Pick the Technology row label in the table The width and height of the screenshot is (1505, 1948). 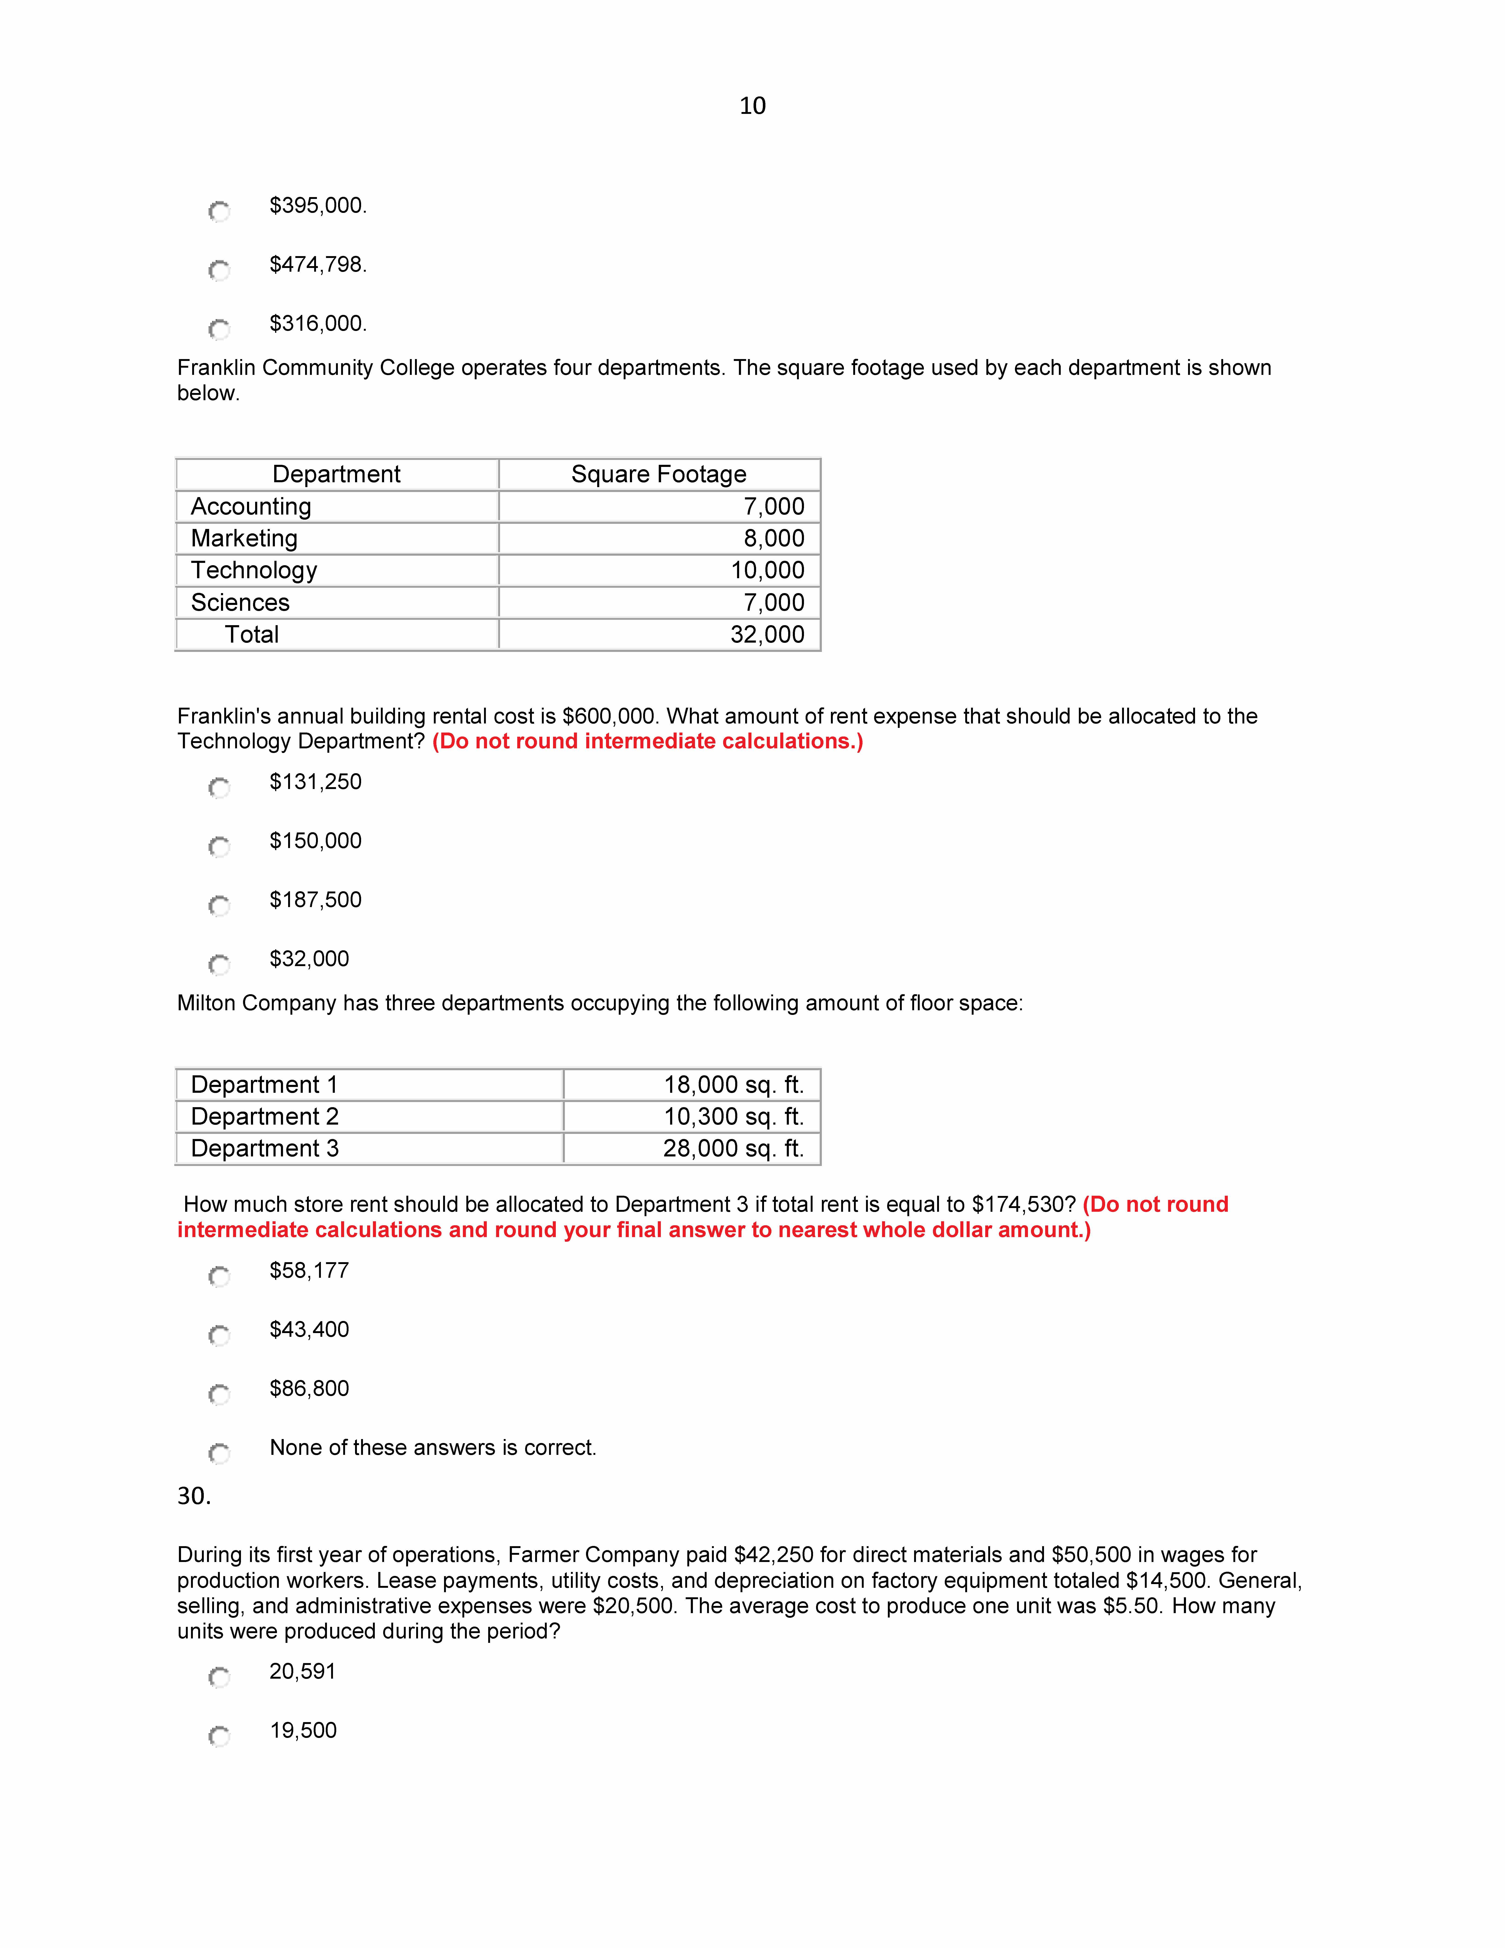tap(254, 571)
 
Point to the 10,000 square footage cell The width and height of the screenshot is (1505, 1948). tap(767, 571)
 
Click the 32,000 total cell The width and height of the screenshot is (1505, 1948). tap(767, 635)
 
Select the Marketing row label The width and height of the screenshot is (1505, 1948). tap(244, 539)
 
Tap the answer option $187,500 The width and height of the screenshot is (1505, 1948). tap(316, 900)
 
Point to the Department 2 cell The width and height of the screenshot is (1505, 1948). tap(265, 1117)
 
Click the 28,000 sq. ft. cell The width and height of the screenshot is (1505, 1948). tap(733, 1149)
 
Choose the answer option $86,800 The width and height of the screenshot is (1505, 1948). tap(309, 1389)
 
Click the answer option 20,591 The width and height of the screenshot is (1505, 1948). tap(303, 1671)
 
